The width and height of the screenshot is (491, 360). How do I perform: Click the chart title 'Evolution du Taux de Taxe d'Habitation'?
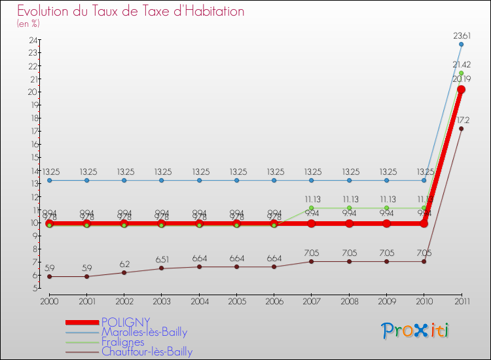click(x=131, y=11)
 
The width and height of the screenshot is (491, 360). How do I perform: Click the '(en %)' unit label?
click(x=28, y=24)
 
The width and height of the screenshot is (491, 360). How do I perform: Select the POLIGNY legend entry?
click(x=125, y=322)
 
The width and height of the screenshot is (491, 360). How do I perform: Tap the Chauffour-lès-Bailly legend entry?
click(x=147, y=352)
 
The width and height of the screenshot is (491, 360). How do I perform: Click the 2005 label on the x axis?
click(x=236, y=300)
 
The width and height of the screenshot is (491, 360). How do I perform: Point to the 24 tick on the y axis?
click(x=32, y=39)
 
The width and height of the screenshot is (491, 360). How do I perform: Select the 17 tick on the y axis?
click(x=32, y=131)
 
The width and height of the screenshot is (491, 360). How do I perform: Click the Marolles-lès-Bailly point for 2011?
click(x=461, y=45)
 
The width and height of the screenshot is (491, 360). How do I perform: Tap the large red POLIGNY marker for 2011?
click(x=461, y=90)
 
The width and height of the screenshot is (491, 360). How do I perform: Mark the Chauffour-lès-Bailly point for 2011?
click(x=461, y=128)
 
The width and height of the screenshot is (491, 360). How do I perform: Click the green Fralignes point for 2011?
click(x=461, y=73)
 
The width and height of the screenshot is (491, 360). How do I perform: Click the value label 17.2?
click(x=463, y=120)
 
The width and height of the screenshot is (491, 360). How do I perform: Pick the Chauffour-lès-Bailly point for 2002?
click(x=124, y=272)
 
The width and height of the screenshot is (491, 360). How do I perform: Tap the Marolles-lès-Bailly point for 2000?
click(x=49, y=180)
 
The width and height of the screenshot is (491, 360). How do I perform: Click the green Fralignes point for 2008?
click(x=349, y=207)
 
